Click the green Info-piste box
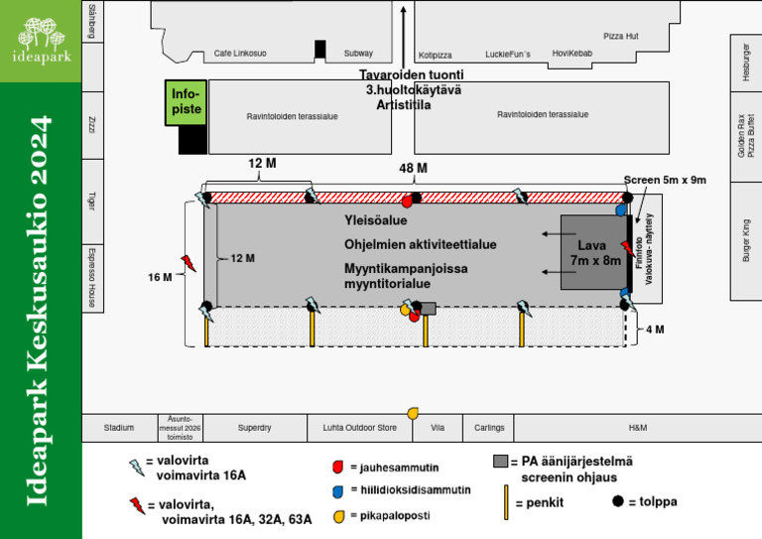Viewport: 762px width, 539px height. pyautogui.click(x=186, y=102)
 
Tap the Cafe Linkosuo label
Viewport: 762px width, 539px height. pyautogui.click(x=240, y=54)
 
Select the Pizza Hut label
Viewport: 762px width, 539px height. pyautogui.click(x=620, y=36)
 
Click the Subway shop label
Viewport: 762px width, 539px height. pyautogui.click(x=358, y=54)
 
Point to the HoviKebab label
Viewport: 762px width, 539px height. pyautogui.click(x=572, y=54)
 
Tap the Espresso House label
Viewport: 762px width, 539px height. pyautogui.click(x=91, y=276)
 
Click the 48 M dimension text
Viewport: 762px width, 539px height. pyautogui.click(x=414, y=170)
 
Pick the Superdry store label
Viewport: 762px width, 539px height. pyautogui.click(x=254, y=428)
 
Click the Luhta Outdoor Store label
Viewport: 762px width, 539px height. pyautogui.click(x=359, y=428)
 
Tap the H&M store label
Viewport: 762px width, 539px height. pyautogui.click(x=637, y=428)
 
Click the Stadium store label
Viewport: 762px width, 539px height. pyautogui.click(x=119, y=428)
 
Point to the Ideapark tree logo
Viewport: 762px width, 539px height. pyautogui.click(x=41, y=40)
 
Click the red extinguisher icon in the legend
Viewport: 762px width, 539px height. pyautogui.click(x=338, y=467)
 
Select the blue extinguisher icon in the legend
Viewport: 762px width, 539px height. pyautogui.click(x=338, y=490)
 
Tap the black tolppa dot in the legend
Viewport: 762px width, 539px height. pyautogui.click(x=619, y=501)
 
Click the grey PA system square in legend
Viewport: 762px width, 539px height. pyautogui.click(x=500, y=462)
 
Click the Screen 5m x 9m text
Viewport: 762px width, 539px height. pyautogui.click(x=664, y=181)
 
